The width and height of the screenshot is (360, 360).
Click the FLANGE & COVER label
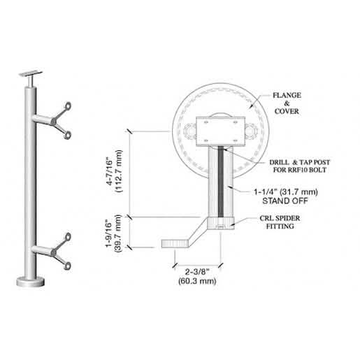[x=287, y=103]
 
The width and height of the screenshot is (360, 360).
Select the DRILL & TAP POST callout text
[x=300, y=162]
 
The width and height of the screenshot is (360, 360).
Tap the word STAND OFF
[x=285, y=201]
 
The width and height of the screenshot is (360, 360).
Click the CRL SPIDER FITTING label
[x=280, y=222]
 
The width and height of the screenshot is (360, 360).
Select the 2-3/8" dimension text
[x=197, y=271]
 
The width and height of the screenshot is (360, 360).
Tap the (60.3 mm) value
[x=197, y=281]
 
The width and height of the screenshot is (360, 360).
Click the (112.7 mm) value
[x=119, y=171]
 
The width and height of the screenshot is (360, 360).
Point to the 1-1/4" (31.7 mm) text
[x=286, y=192]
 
